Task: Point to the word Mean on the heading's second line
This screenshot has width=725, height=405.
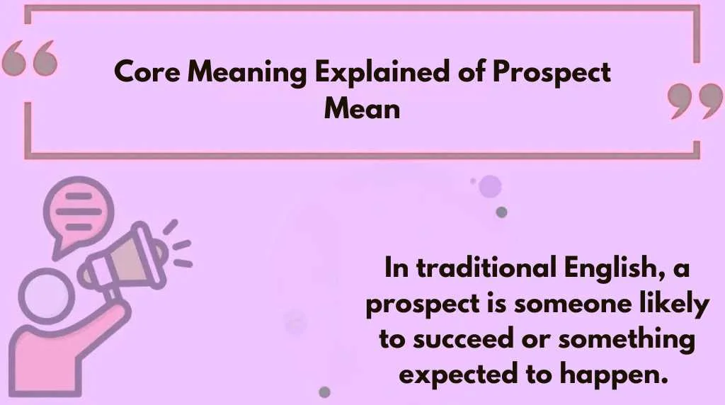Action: point(362,109)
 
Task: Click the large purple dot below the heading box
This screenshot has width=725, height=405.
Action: point(490,187)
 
